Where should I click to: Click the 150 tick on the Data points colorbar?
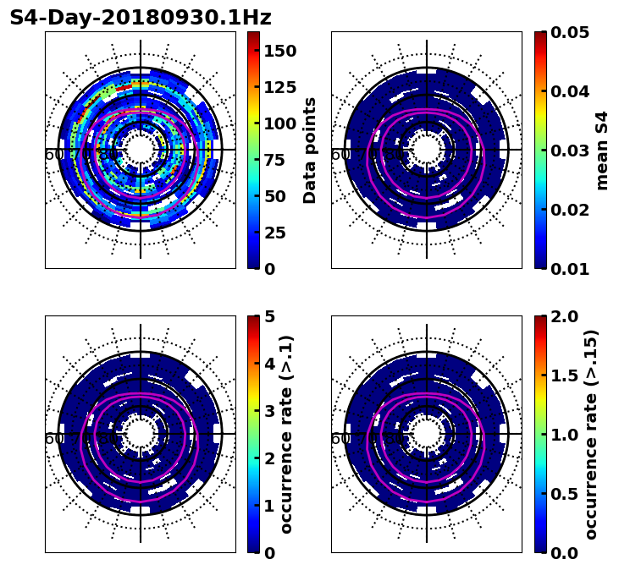[279, 51]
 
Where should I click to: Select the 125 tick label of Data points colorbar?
[279, 87]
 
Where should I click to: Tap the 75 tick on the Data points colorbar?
[273, 160]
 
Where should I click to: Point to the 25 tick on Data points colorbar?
[273, 233]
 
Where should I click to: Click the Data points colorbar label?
[310, 150]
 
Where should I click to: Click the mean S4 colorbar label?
[602, 150]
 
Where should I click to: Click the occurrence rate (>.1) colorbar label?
[286, 434]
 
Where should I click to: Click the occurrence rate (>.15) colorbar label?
[591, 434]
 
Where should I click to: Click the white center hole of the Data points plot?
[141, 150]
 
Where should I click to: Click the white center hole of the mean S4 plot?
[427, 150]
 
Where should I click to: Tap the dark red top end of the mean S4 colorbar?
[540, 35]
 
